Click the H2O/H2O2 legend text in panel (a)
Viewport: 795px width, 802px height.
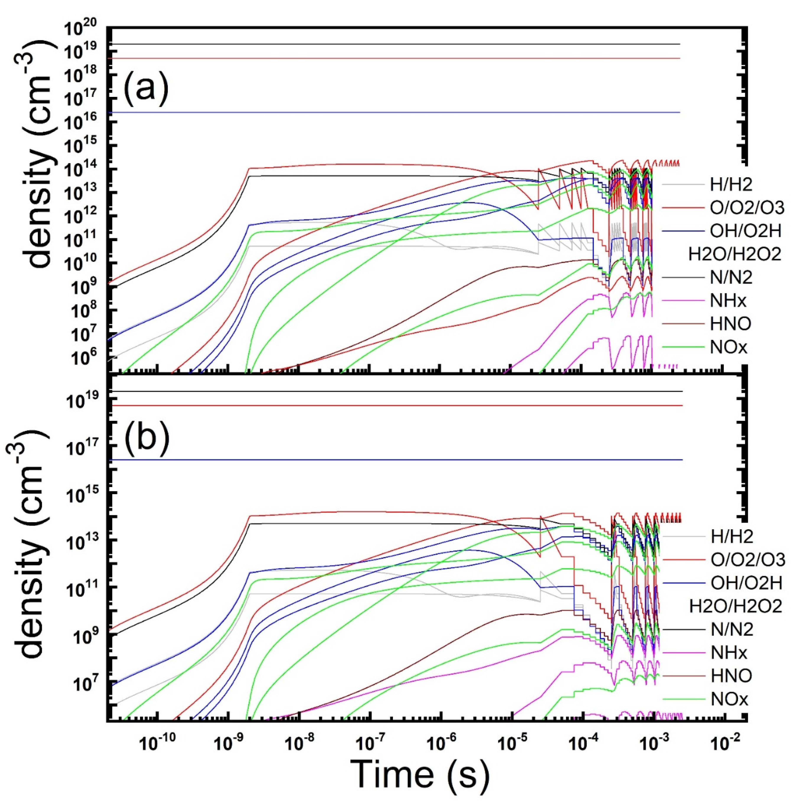(x=734, y=254)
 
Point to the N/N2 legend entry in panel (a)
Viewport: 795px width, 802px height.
(x=731, y=277)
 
